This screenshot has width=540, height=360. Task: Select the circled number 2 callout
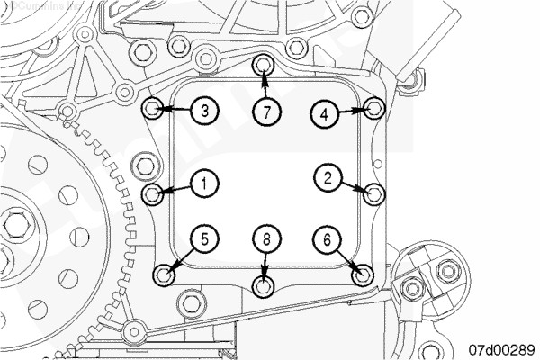pos(328,178)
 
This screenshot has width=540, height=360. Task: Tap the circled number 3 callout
pos(205,112)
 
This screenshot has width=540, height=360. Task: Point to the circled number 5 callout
pos(205,238)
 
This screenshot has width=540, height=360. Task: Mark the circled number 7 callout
pos(266,112)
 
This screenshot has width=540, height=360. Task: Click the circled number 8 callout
pos(266,238)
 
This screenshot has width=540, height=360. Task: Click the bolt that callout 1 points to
pos(155,193)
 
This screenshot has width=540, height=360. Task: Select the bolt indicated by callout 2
pos(375,192)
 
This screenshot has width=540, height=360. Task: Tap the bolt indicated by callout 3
pos(154,110)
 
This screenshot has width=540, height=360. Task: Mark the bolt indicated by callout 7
pos(264,66)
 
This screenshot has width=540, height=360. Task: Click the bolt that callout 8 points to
pos(264,285)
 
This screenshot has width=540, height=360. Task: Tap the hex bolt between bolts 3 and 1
pos(146,165)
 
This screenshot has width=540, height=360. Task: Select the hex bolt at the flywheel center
pos(13,221)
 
